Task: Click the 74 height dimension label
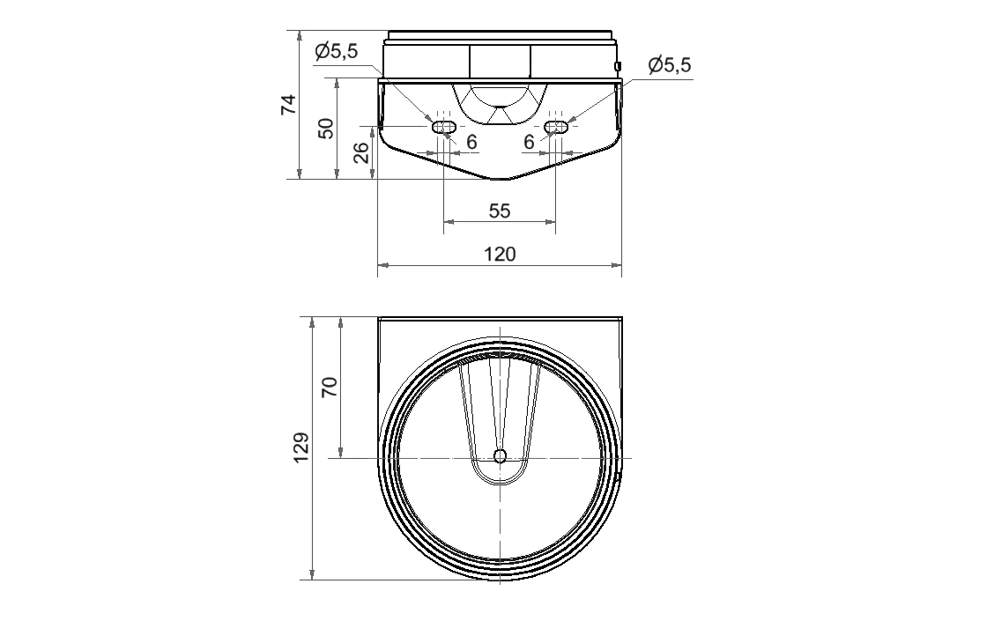click(289, 104)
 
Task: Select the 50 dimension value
click(325, 129)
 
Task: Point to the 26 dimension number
click(361, 152)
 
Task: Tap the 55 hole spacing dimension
click(500, 211)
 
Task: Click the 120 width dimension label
click(500, 254)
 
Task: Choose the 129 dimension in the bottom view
click(301, 447)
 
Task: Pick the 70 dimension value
click(330, 387)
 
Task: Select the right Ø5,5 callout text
click(670, 64)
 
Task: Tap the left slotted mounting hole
click(443, 127)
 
